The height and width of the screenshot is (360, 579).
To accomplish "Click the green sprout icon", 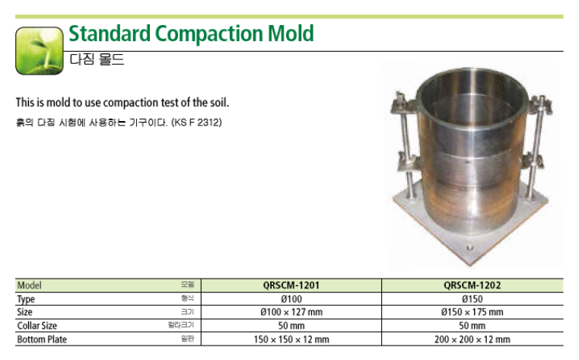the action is (x=39, y=50).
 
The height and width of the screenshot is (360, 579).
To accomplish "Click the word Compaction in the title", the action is (x=209, y=33).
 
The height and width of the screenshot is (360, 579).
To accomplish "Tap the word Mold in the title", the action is (x=291, y=33).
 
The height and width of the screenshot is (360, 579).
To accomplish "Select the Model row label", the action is (x=29, y=285).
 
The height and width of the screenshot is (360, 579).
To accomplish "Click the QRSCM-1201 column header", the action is (x=291, y=285).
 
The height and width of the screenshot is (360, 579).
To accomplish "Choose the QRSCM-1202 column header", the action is (x=472, y=285).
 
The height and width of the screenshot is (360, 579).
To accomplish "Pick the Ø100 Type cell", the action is (x=291, y=299).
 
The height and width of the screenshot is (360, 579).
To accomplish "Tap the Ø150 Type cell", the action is (x=472, y=299).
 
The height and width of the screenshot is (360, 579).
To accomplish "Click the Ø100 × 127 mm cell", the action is (x=291, y=312).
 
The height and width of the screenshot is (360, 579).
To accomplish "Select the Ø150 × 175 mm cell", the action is (x=472, y=312).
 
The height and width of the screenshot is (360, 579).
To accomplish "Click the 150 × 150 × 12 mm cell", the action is (x=291, y=339).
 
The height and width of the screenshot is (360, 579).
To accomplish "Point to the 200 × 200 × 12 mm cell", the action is (x=472, y=339).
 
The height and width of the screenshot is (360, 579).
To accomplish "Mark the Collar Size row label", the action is (x=37, y=326).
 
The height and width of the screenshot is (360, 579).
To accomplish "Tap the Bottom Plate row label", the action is (x=42, y=339).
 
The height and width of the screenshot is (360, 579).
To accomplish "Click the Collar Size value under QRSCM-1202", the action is (x=472, y=326).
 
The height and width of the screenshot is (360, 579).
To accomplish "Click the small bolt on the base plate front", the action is (x=469, y=247).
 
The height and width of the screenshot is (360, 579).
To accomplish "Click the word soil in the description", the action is (x=219, y=102).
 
